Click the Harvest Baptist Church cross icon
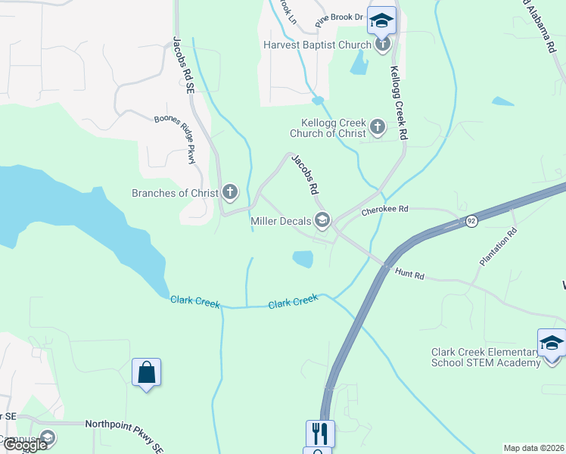coord(383,45)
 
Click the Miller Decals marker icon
coord(323,221)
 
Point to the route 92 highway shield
coord(471,221)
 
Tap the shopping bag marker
coord(146,372)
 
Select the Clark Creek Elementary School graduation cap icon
coord(552,344)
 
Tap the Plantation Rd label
coord(496,247)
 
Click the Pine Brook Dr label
coord(339,16)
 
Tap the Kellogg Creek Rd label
coord(399,103)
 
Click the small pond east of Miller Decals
coord(302,259)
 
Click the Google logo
coord(26,446)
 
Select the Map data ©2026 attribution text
coord(533,448)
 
